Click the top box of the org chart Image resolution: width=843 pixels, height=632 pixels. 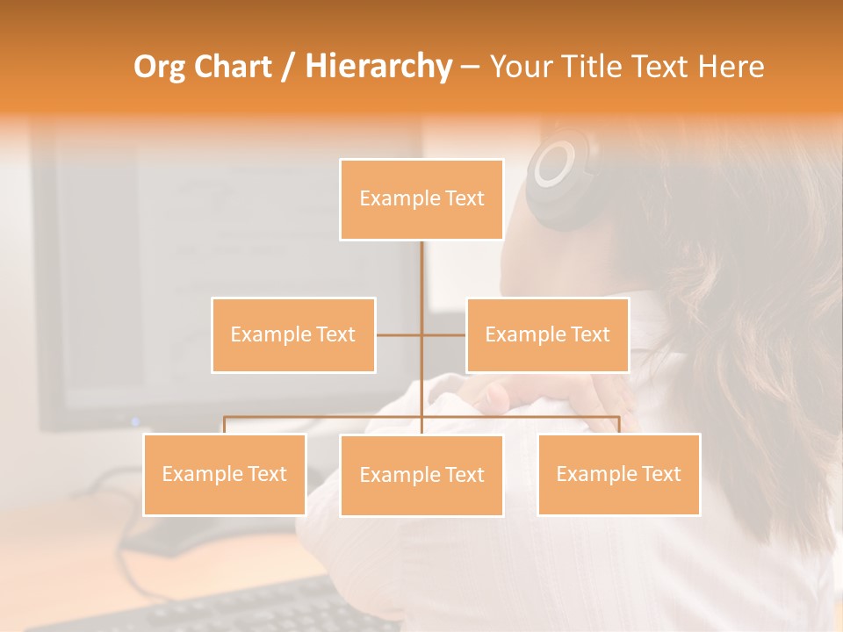pyautogui.click(x=421, y=199)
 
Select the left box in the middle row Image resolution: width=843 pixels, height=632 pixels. pyautogui.click(x=293, y=334)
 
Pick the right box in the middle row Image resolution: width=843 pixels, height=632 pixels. pyautogui.click(x=547, y=334)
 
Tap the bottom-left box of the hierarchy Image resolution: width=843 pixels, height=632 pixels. pyautogui.click(x=225, y=474)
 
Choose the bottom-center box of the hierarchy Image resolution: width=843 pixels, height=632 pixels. pyautogui.click(x=421, y=475)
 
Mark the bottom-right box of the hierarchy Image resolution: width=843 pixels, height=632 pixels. pyautogui.click(x=618, y=474)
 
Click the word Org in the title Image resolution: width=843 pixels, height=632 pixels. pyautogui.click(x=159, y=67)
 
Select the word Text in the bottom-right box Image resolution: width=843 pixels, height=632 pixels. pyautogui.click(x=661, y=474)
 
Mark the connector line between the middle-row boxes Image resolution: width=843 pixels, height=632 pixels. pyautogui.click(x=421, y=334)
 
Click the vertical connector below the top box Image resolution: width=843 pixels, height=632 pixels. pyautogui.click(x=421, y=268)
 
